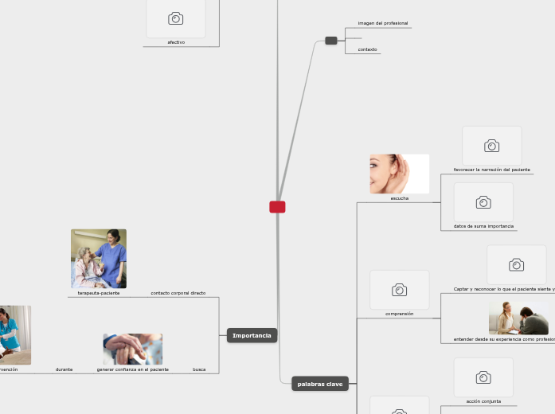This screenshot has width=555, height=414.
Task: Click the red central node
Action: click(277, 207)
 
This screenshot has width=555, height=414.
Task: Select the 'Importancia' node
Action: click(252, 335)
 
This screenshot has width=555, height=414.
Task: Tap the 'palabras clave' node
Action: click(320, 384)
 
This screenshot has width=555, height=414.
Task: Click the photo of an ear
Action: click(399, 174)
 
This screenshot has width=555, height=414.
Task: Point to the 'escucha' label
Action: click(400, 198)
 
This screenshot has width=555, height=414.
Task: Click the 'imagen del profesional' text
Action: click(383, 23)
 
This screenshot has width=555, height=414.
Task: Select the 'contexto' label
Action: click(367, 49)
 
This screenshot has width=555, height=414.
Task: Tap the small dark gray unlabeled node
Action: click(331, 41)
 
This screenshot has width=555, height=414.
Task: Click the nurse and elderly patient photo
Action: click(99, 258)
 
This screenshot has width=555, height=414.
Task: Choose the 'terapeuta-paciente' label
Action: click(99, 293)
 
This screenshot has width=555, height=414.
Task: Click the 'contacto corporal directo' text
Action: click(178, 293)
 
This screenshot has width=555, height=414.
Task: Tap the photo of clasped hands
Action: click(132, 349)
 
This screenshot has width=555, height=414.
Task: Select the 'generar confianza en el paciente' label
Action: click(133, 369)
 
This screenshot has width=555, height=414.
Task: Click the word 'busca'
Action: click(199, 369)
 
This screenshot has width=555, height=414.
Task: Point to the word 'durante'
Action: click(64, 369)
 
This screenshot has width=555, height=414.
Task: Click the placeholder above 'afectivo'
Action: click(176, 18)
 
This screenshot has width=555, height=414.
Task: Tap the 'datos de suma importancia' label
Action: click(483, 226)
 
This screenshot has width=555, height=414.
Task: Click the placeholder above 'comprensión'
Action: click(400, 290)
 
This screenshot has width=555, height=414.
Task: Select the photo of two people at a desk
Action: click(518, 318)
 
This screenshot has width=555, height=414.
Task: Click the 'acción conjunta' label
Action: click(483, 401)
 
